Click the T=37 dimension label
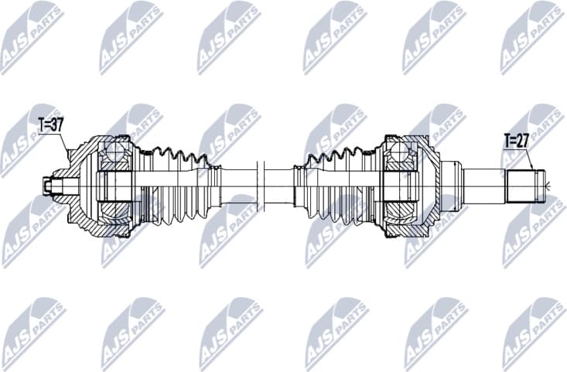click(51, 123)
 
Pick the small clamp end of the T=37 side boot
click(212, 186)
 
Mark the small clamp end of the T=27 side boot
click(299, 186)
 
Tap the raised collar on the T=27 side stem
click(456, 186)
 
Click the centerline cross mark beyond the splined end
click(548, 186)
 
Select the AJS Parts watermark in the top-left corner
click(31, 35)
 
